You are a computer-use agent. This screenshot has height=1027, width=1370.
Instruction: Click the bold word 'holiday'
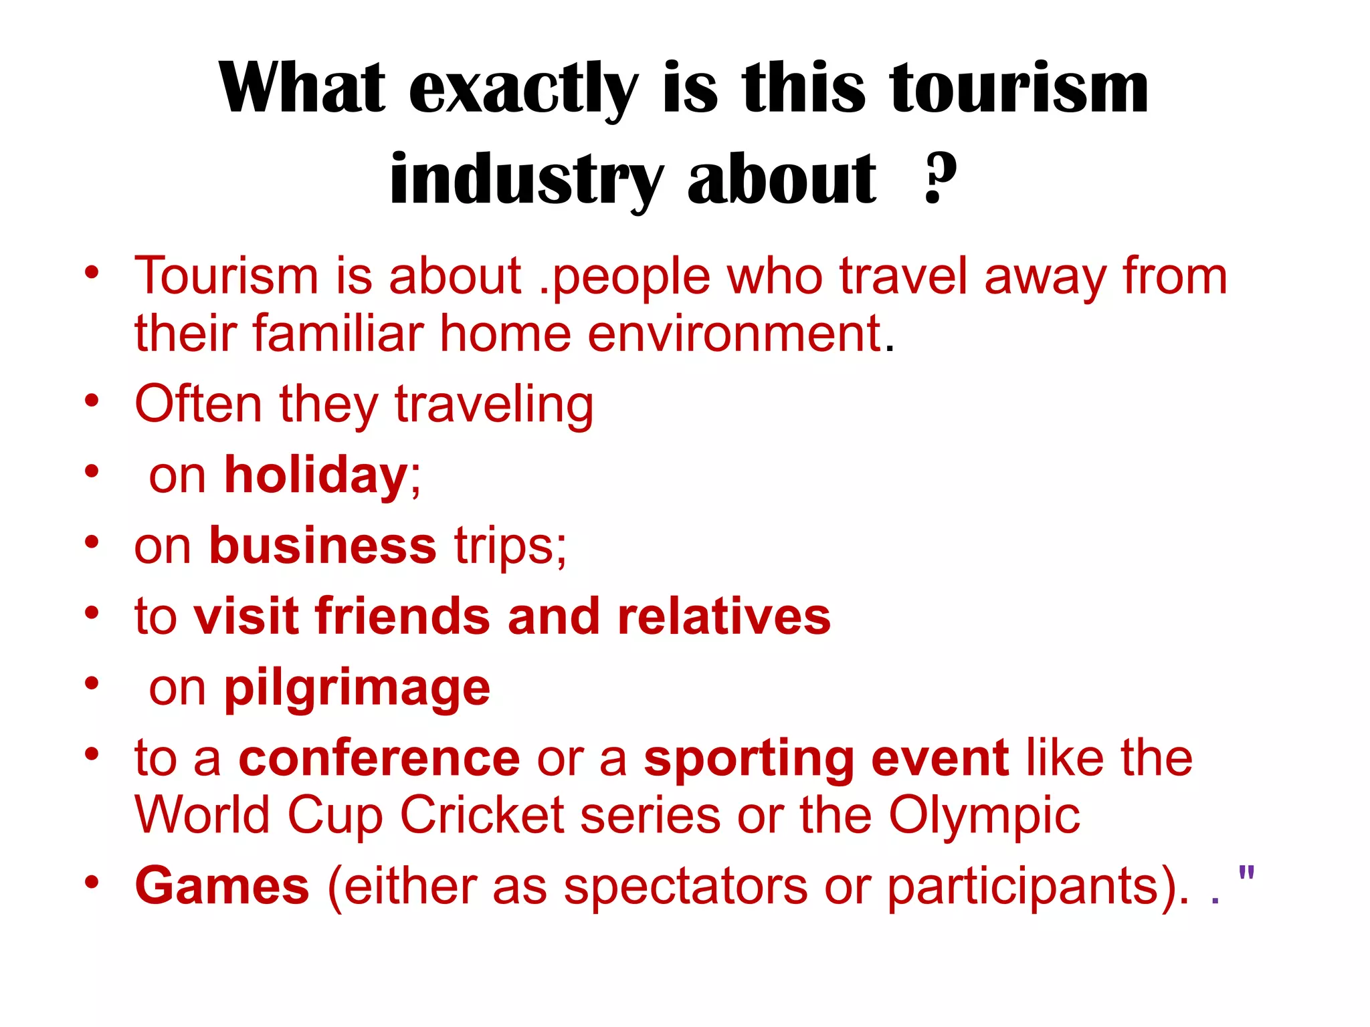click(316, 475)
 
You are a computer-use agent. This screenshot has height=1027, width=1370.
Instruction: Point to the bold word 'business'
click(323, 546)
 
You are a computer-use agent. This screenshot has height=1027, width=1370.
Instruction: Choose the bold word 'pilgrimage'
click(357, 689)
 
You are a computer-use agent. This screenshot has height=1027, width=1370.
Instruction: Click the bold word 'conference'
click(379, 758)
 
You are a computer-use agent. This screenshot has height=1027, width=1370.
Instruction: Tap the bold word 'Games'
click(222, 886)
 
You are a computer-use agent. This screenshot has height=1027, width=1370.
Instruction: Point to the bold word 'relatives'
click(724, 616)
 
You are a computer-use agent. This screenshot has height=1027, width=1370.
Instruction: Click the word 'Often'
click(199, 404)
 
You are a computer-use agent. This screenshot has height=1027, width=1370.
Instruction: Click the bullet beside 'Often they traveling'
click(92, 401)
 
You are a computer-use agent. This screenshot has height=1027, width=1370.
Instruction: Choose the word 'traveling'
click(494, 405)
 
